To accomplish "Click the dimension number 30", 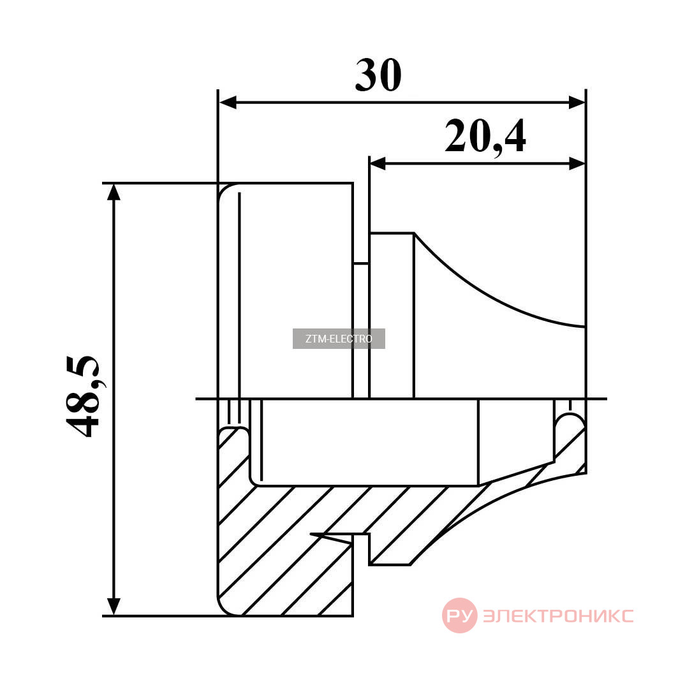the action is tap(378, 75).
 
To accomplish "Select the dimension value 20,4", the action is tap(485, 136).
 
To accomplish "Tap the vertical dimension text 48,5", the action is tap(82, 397).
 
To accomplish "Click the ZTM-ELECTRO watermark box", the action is tap(339, 339).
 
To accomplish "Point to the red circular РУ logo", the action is tap(460, 615).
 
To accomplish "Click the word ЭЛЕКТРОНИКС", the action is tap(558, 615).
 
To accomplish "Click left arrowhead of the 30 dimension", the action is tap(228, 103).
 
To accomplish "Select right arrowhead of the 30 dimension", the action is tap(576, 103).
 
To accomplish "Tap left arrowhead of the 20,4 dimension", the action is tap(378, 163).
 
